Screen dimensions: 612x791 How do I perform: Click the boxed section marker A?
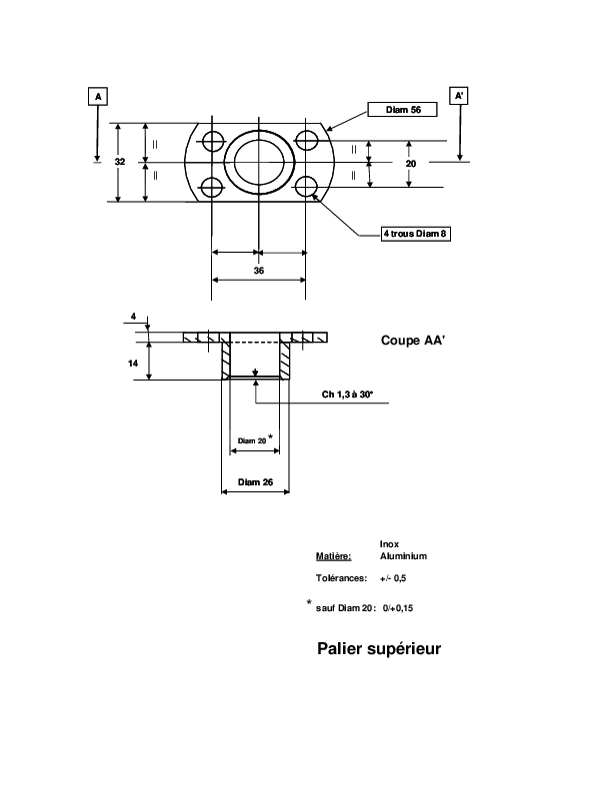point(98,96)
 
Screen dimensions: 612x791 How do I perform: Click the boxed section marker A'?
point(458,96)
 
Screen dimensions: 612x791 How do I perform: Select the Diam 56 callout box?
point(402,110)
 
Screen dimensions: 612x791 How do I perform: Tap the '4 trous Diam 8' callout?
point(416,234)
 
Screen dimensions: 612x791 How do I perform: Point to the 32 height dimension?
point(120,162)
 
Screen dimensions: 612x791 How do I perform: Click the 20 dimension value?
point(411,164)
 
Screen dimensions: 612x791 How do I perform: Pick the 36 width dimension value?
point(259,271)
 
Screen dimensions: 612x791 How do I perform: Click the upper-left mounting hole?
point(213,141)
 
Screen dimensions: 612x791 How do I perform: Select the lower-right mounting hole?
point(306,187)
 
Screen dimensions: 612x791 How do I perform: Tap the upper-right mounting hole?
point(306,140)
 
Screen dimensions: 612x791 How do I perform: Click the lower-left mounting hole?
point(212,188)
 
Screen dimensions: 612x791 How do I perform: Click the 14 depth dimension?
point(133,364)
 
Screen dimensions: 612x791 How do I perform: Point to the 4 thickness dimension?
point(133,317)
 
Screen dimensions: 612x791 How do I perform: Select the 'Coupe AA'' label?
point(413,341)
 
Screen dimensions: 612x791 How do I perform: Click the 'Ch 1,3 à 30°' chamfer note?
point(347,395)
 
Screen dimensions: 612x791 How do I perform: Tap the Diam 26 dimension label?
point(256,482)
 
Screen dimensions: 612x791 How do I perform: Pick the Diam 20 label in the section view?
point(252,440)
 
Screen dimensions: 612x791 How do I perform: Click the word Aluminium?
point(403,556)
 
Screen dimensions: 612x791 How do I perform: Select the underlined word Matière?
point(333,556)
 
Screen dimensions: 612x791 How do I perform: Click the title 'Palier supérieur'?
point(379,649)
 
